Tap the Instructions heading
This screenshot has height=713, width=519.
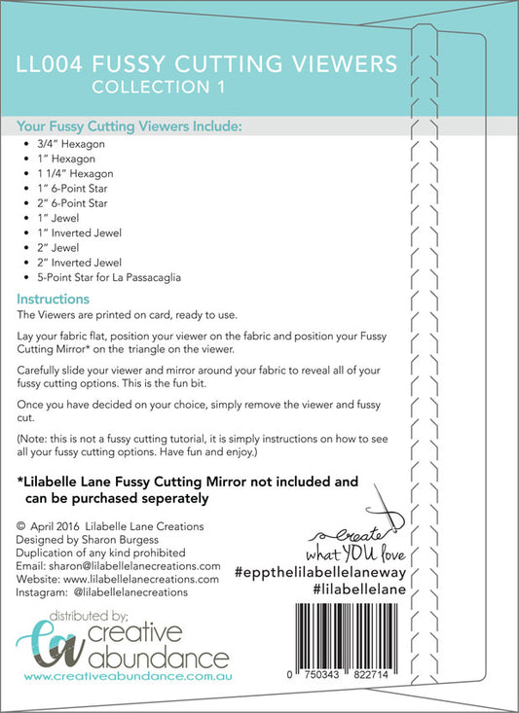click(54, 300)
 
